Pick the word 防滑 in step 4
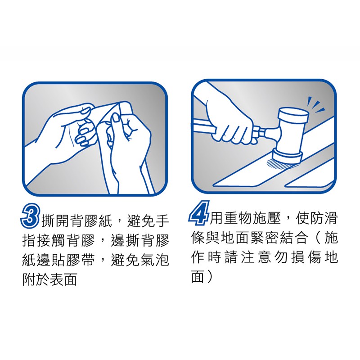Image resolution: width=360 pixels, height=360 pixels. pos(323,217)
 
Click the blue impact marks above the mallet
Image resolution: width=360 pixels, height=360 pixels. pos(316,104)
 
